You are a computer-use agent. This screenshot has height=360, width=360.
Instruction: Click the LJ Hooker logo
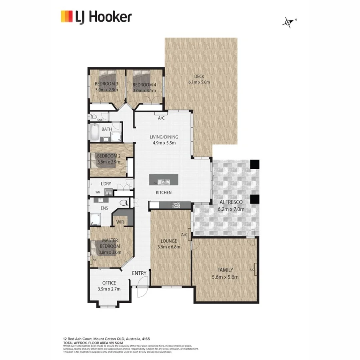[96, 17]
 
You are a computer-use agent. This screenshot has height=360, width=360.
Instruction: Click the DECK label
[199, 77]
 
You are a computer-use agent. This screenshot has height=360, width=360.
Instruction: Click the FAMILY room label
[225, 270]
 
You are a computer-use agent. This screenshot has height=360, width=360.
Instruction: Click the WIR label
[120, 222]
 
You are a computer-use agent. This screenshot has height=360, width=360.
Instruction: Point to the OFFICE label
[109, 283]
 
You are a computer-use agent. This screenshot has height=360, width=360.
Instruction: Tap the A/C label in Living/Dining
[161, 118]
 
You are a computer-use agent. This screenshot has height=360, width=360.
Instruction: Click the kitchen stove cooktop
[176, 205]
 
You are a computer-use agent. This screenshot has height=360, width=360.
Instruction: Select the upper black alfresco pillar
[254, 164]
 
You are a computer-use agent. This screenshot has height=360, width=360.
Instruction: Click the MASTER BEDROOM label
[110, 243]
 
